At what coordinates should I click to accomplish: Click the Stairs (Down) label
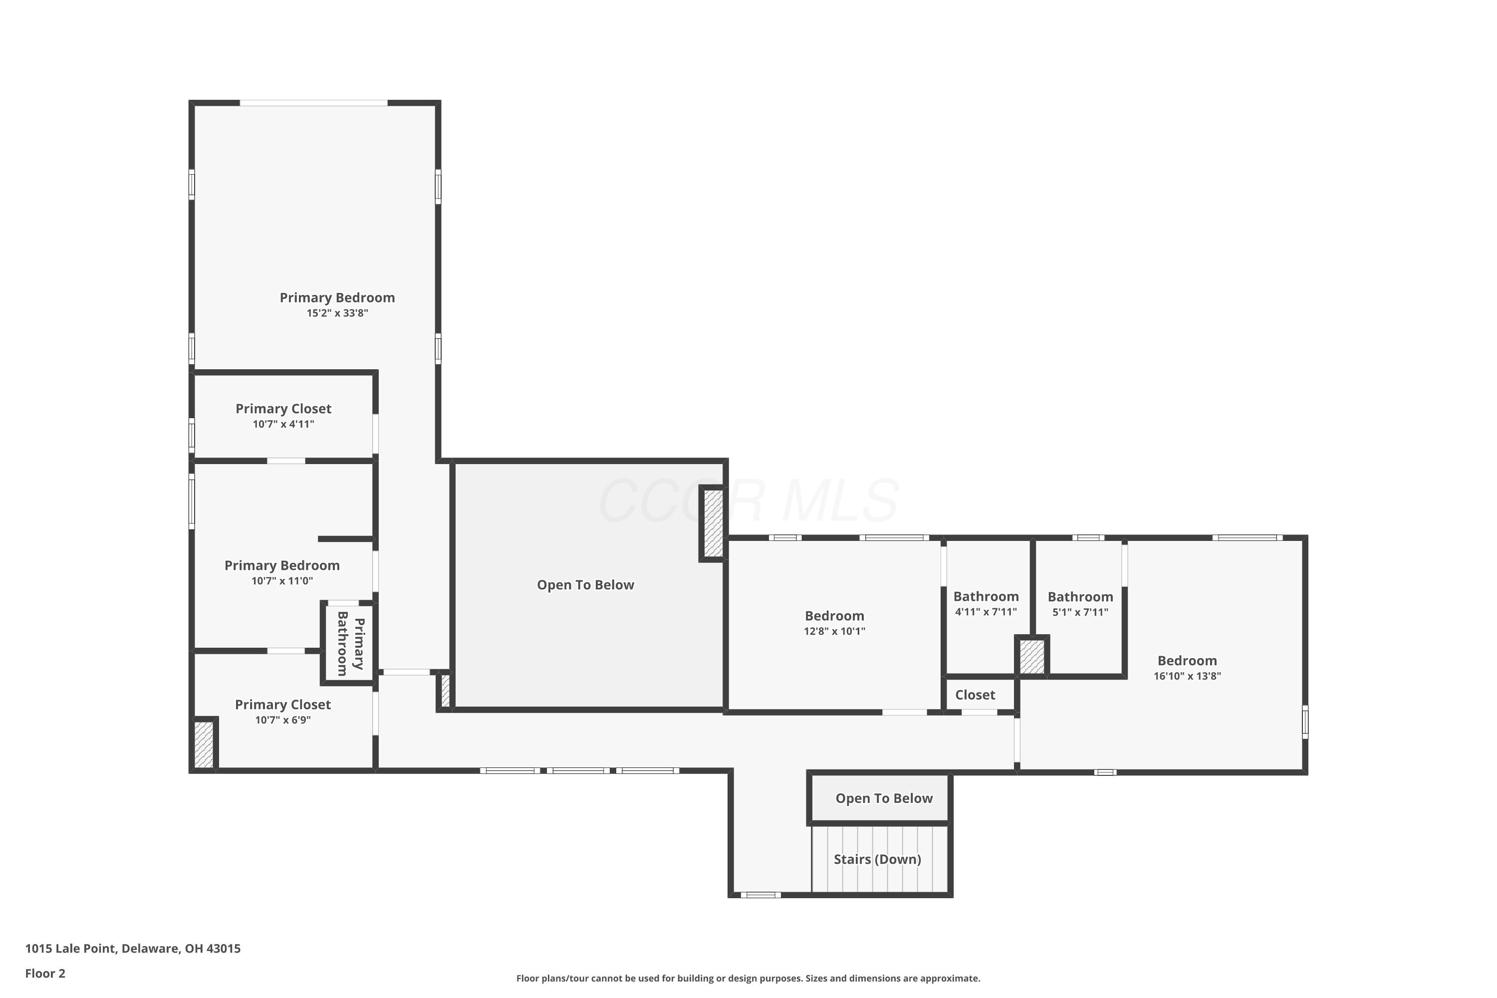tap(877, 859)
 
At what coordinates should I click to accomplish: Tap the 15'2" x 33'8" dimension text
tap(337, 313)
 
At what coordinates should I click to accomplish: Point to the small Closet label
tap(975, 695)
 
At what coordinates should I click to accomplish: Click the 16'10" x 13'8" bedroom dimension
tap(1187, 676)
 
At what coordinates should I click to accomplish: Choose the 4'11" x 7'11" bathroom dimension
tap(986, 612)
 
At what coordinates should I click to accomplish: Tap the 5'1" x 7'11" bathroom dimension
tap(1080, 612)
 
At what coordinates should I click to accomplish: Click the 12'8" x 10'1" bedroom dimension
tap(834, 631)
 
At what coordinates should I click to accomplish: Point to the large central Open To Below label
tap(585, 585)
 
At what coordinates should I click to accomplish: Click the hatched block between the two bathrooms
tap(1032, 657)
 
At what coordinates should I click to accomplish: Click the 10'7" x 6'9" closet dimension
tap(282, 721)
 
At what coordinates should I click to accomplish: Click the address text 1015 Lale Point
tap(71, 949)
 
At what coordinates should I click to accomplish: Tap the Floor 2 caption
tap(45, 973)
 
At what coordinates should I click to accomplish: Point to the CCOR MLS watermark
tap(748, 501)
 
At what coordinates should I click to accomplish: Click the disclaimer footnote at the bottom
tap(748, 978)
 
